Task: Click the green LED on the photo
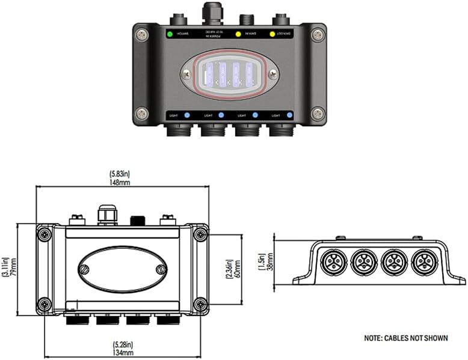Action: tap(170, 34)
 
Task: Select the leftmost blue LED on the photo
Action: tap(187, 115)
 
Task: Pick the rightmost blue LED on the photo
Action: tap(290, 115)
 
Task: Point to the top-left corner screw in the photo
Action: tap(142, 35)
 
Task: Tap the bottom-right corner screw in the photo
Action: tap(318, 113)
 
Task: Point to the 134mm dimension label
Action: tap(123, 352)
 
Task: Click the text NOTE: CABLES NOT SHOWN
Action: tap(405, 338)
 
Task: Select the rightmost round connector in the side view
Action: tap(423, 263)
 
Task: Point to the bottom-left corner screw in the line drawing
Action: tap(44, 304)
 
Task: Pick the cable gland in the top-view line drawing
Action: tap(106, 214)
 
